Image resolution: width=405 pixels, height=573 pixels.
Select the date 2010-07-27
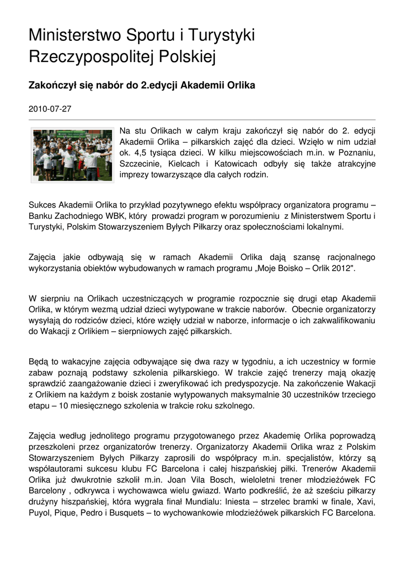50,108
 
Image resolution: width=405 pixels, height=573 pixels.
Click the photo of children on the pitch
71,155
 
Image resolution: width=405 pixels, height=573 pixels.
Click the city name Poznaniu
356,153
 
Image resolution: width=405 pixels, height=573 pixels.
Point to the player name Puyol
40,513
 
